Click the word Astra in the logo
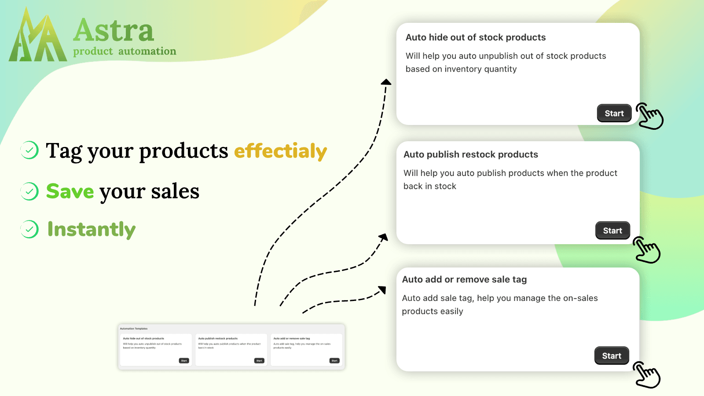(114, 31)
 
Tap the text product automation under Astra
(125, 51)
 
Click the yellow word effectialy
(280, 151)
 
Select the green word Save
(70, 191)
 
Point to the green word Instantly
(92, 229)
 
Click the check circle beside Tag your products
(29, 150)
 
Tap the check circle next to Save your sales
(29, 191)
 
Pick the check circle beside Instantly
(29, 229)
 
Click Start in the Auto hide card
(614, 114)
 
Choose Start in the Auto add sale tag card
(612, 356)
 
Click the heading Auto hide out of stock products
(475, 37)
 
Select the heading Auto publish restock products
(470, 154)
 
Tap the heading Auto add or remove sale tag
(464, 279)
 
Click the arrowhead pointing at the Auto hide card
(386, 82)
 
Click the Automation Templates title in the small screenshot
(134, 329)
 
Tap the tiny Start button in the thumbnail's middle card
(259, 361)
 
